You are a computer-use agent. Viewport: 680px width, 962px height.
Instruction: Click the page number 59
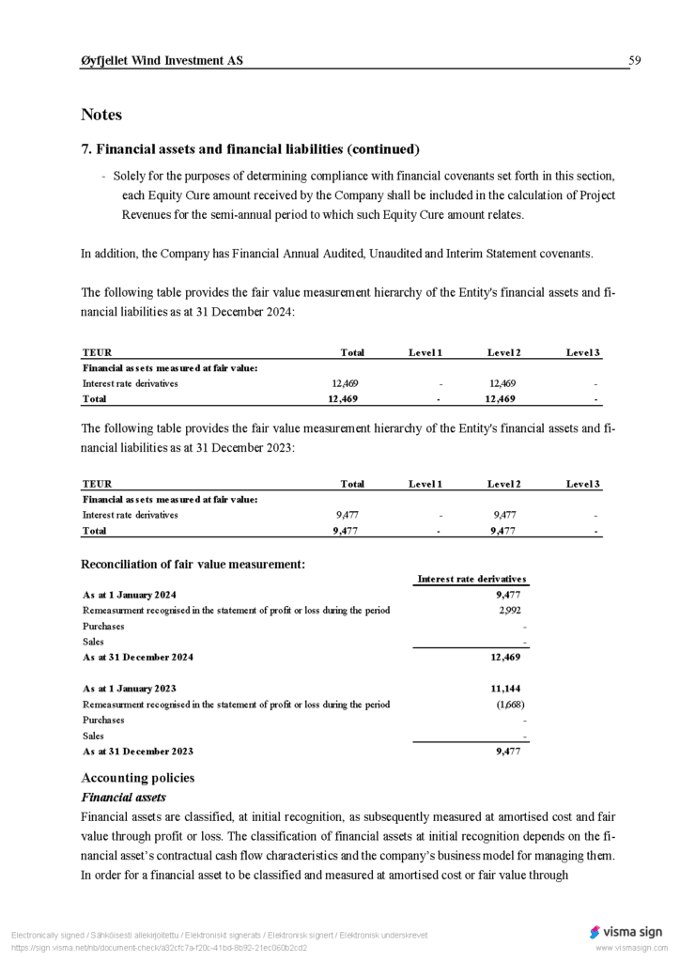click(634, 61)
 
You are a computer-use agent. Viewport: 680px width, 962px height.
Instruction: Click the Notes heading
click(101, 115)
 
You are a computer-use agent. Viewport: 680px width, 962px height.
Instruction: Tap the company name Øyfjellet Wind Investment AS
click(162, 61)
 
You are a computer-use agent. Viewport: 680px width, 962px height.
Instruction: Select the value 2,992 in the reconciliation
click(510, 611)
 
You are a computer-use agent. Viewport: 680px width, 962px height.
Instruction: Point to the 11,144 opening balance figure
click(507, 689)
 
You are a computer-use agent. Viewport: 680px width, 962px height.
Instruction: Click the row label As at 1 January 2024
click(130, 595)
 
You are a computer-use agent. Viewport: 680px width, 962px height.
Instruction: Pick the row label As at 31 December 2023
click(138, 752)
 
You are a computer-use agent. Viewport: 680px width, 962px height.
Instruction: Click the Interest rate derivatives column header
click(471, 579)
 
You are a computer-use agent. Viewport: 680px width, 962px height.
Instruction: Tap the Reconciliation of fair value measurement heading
click(193, 564)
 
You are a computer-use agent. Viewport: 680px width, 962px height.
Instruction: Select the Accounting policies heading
click(138, 778)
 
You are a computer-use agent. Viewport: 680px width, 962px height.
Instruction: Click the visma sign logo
click(626, 932)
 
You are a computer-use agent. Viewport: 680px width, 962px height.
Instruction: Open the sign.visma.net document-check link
click(159, 948)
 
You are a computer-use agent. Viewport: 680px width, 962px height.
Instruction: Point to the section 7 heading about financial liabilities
click(251, 149)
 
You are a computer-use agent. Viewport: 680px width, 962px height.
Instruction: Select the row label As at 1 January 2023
click(130, 689)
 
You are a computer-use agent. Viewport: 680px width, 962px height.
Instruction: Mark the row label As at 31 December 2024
click(138, 658)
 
